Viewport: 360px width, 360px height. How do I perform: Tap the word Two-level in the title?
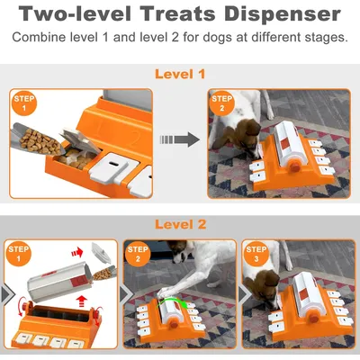[75, 13]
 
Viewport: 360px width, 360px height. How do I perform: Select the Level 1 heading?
[180, 74]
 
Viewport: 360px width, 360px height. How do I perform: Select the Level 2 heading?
[180, 224]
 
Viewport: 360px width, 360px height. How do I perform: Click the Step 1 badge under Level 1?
[24, 103]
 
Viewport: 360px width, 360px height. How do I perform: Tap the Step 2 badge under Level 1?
[222, 103]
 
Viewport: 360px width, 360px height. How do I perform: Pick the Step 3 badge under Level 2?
[256, 254]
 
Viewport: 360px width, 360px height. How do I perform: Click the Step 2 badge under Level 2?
[138, 254]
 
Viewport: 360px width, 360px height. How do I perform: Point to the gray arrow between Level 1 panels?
[180, 139]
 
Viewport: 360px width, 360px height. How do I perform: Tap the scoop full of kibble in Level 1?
[38, 139]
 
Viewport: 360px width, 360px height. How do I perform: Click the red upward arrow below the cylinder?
[81, 301]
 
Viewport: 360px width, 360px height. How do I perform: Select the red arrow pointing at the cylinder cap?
[77, 252]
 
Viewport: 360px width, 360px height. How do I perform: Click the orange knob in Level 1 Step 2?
[295, 166]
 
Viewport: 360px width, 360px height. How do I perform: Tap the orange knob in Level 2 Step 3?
[314, 319]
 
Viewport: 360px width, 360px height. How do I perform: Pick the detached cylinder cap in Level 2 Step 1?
[101, 253]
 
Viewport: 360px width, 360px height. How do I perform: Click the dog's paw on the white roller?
[166, 291]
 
